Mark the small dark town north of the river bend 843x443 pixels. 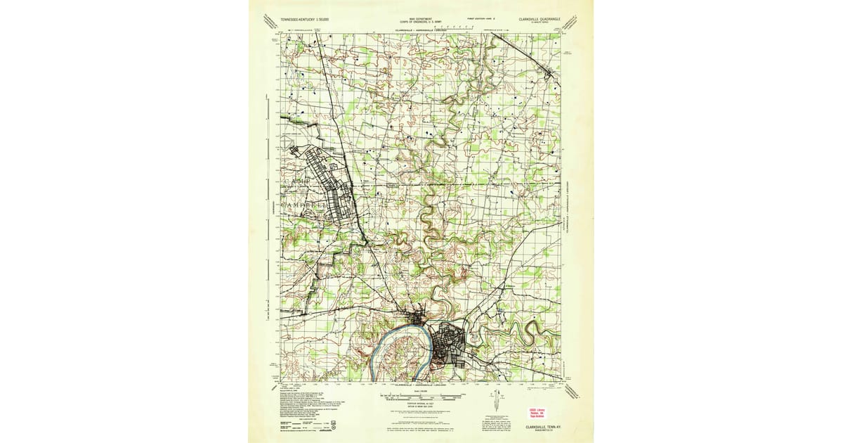[x=417, y=320]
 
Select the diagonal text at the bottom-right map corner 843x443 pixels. [x=574, y=391]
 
